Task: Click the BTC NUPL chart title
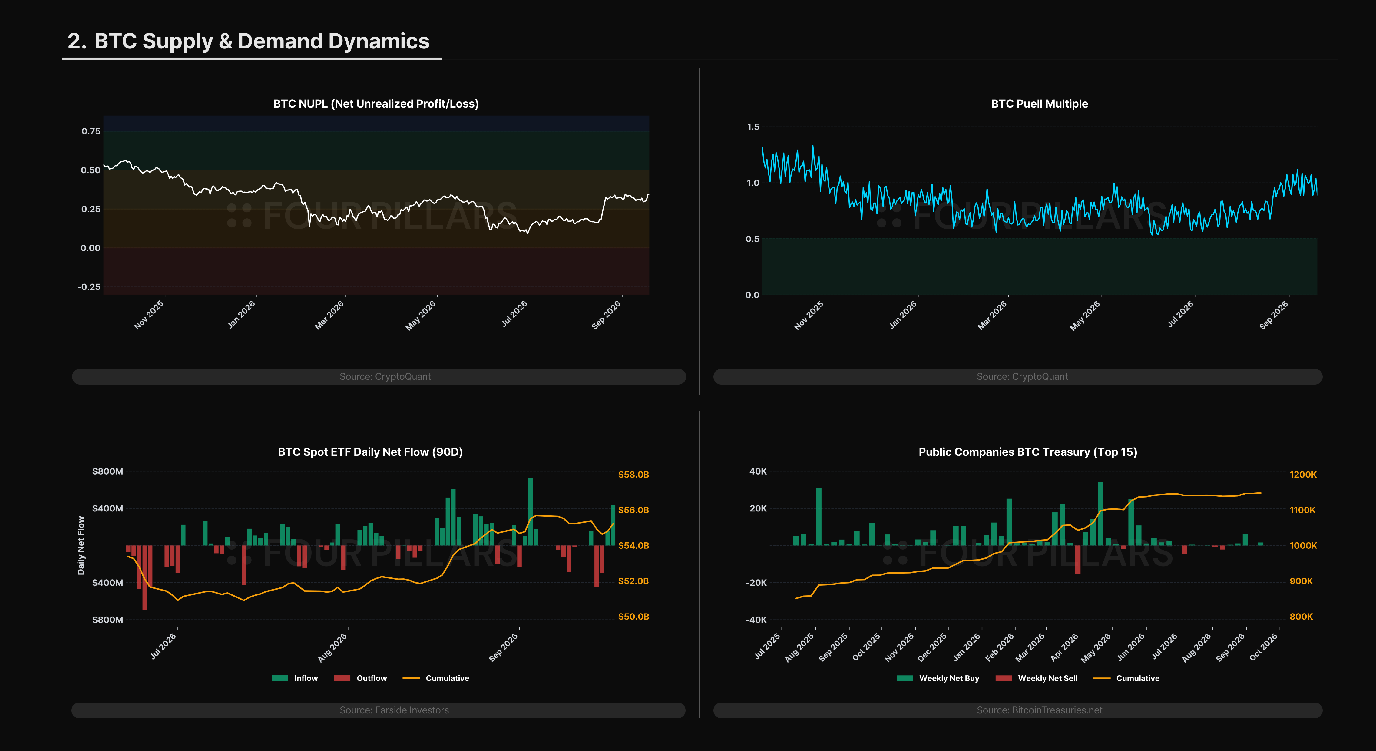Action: [x=376, y=104]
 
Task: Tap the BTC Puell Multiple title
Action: [x=1040, y=104]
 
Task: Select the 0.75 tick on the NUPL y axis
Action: [x=91, y=131]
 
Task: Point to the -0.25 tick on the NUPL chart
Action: [x=89, y=287]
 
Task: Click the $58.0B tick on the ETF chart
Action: [x=633, y=474]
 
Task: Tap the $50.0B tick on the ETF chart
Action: [x=633, y=617]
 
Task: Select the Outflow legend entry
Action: [x=361, y=678]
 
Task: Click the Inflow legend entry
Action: [x=295, y=678]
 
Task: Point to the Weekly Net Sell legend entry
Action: [x=1037, y=678]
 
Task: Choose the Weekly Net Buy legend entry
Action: [x=938, y=678]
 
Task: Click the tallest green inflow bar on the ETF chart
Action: [x=531, y=511]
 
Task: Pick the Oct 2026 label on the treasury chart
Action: [x=1263, y=647]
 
